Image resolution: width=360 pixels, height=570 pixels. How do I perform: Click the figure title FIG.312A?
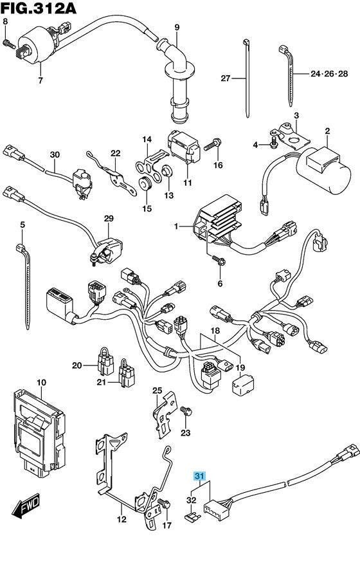[38, 8]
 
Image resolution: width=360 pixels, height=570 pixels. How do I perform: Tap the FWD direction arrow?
[26, 505]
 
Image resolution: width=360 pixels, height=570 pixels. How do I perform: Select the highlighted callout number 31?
[200, 476]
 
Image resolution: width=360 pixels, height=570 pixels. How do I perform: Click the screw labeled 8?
[9, 44]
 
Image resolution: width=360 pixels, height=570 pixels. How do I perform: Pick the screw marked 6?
[219, 260]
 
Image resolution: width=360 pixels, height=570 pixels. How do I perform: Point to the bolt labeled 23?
[186, 411]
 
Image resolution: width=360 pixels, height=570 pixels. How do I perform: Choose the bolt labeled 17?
[164, 504]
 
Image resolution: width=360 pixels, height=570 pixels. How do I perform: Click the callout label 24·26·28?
[329, 74]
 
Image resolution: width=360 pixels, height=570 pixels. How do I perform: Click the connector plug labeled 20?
[105, 361]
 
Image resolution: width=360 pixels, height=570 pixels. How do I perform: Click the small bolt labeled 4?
[274, 142]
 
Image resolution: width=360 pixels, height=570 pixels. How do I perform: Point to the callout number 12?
[122, 519]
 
